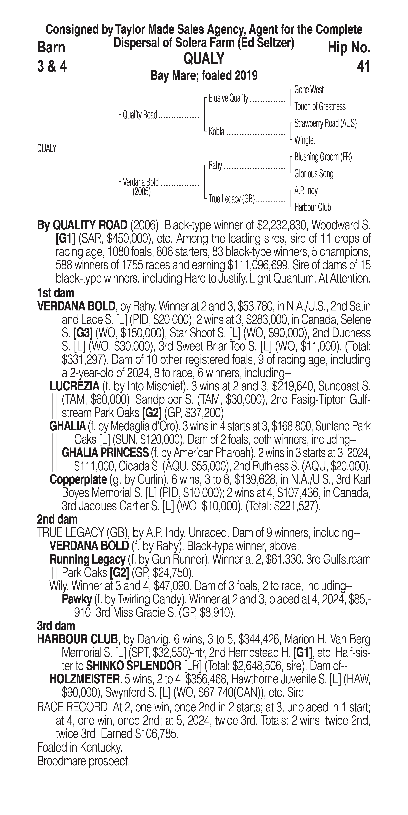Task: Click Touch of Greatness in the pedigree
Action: [x=320, y=107]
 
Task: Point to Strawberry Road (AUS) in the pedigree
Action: [x=325, y=123]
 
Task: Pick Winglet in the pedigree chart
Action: [x=305, y=140]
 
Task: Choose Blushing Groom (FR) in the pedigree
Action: [x=323, y=157]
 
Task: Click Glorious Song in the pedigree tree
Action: [x=313, y=174]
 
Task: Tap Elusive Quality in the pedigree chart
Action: [x=228, y=98]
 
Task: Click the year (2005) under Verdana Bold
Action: [x=141, y=192]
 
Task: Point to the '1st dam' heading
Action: [x=56, y=293]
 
